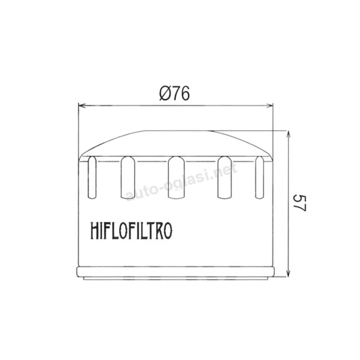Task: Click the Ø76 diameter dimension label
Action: [175, 94]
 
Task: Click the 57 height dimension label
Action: [300, 203]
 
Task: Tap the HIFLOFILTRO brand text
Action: [131, 230]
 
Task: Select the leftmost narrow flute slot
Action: [92, 177]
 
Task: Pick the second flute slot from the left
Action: [128, 177]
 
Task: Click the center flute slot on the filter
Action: [176, 177]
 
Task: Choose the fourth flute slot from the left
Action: [225, 177]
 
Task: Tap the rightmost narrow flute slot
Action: [260, 177]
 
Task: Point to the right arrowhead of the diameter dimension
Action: [270, 105]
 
